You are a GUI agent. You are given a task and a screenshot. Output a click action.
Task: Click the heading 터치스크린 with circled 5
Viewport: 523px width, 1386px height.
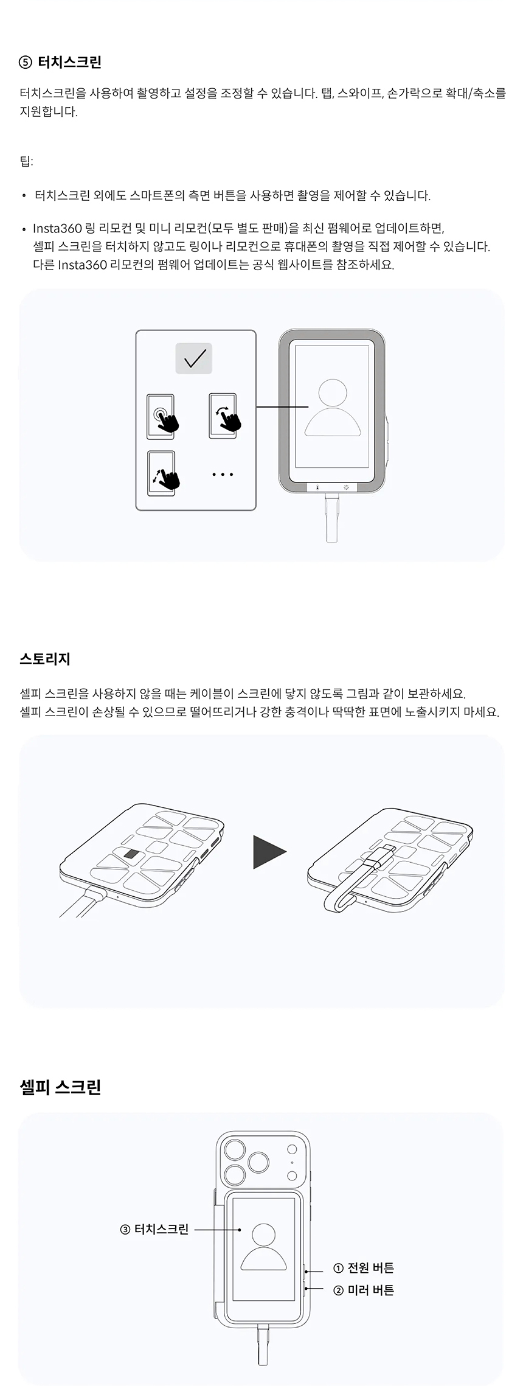coord(60,61)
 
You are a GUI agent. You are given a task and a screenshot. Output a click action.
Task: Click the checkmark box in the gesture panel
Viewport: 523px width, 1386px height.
coord(194,358)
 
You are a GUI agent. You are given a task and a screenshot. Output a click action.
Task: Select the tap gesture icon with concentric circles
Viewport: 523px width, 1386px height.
coord(162,417)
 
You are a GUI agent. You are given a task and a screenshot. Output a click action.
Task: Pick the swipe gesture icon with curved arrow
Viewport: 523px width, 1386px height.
coord(224,416)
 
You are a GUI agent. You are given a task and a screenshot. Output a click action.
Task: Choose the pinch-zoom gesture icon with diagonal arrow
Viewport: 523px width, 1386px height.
coord(164,473)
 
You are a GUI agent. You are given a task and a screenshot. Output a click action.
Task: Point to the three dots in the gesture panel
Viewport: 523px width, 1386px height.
coord(223,475)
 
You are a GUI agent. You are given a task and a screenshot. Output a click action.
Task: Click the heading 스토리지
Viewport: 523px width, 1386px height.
coord(45,658)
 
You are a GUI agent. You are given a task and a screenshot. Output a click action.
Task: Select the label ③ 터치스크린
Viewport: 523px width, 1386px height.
coord(154,1229)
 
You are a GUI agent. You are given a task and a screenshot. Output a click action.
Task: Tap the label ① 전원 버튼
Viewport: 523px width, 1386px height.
coord(364,1268)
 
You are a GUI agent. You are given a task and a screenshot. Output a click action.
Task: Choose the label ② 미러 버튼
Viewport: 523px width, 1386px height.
coord(364,1290)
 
